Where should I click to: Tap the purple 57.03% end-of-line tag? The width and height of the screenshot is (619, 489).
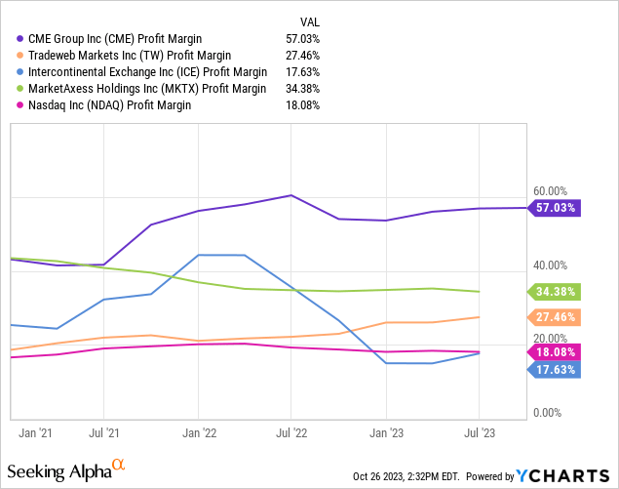point(556,208)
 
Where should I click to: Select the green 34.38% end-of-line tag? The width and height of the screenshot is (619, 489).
point(556,291)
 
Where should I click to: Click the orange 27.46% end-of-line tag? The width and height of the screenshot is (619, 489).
point(556,316)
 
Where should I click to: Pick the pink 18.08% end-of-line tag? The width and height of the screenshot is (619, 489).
point(556,351)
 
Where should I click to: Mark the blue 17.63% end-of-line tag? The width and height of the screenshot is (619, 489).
point(556,369)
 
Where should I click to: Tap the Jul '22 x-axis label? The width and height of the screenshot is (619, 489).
point(290,429)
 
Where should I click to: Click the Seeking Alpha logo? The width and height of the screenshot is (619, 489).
point(68,471)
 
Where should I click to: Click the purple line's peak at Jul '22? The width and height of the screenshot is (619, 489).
point(291,195)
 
